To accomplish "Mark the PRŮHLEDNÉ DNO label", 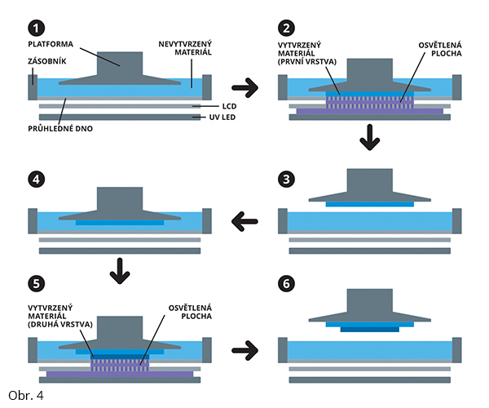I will coord(56,129).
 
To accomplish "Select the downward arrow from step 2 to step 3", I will coord(370,139).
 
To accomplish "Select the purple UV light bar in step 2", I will coord(370,110).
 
